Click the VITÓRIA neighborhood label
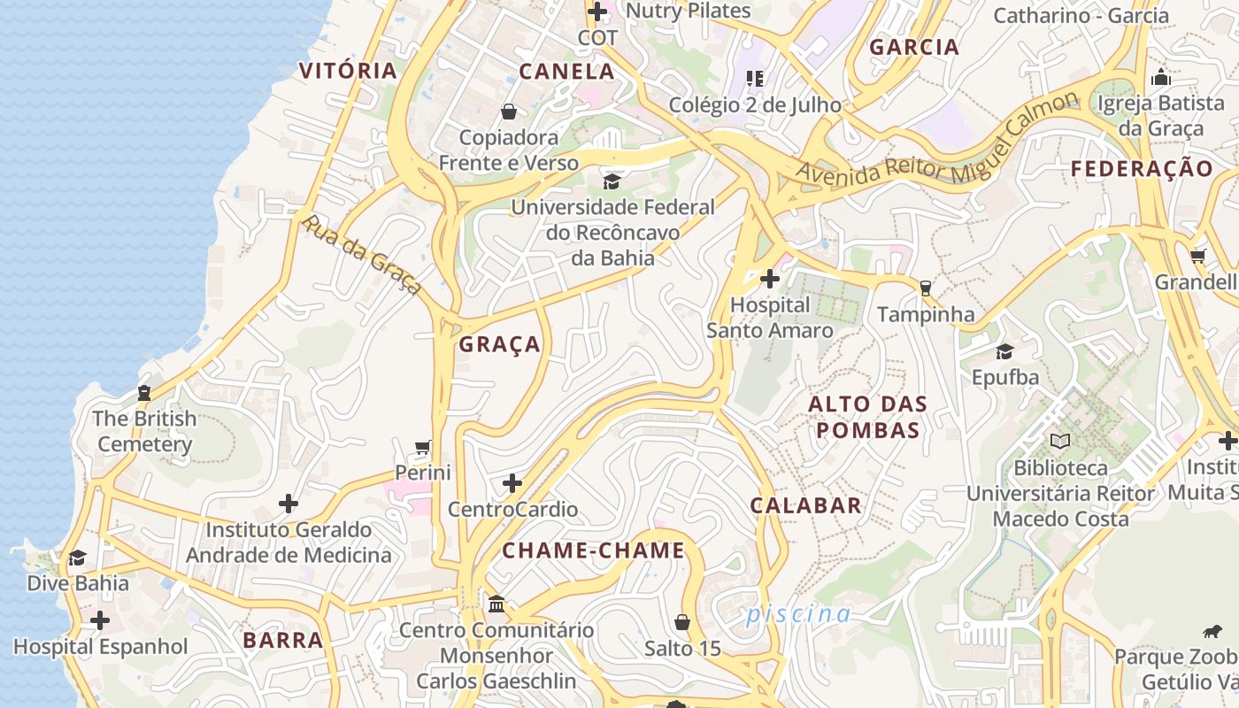pos(348,71)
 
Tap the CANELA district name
pos(566,72)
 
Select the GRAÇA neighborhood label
pos(499,344)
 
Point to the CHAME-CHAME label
pos(594,550)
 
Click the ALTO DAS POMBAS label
pos(867,418)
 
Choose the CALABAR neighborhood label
pos(805,505)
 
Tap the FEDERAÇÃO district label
pos(1142,169)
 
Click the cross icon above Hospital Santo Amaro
pos(770,280)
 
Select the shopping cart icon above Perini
pos(423,447)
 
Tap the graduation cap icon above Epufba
pos(1004,351)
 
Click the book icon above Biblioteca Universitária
pos(1059,441)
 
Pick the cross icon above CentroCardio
pos(512,483)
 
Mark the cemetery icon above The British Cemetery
pos(144,393)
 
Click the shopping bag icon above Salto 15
pos(682,622)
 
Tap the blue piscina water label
pos(798,614)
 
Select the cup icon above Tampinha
pos(926,288)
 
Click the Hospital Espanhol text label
pos(101,647)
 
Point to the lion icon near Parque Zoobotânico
pos(1212,631)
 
